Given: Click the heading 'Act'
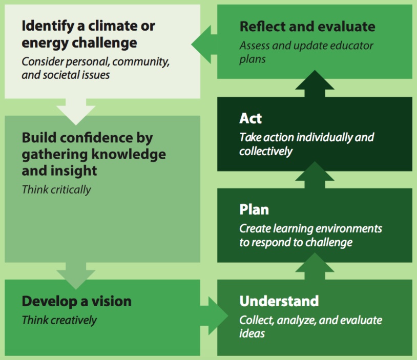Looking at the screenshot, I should tap(251, 119).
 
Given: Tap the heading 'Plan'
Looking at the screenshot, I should tap(254, 209).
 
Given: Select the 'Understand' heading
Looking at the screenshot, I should tap(279, 301).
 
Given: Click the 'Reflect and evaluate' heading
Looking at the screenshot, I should tap(307, 27).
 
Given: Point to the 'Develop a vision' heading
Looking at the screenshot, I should tap(76, 301).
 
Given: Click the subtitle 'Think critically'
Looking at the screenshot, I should tap(56, 189).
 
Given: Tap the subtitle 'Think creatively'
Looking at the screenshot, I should tap(59, 321).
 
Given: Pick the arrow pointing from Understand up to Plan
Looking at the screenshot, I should tap(315, 266).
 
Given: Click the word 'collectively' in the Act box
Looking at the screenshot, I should tap(266, 151).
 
